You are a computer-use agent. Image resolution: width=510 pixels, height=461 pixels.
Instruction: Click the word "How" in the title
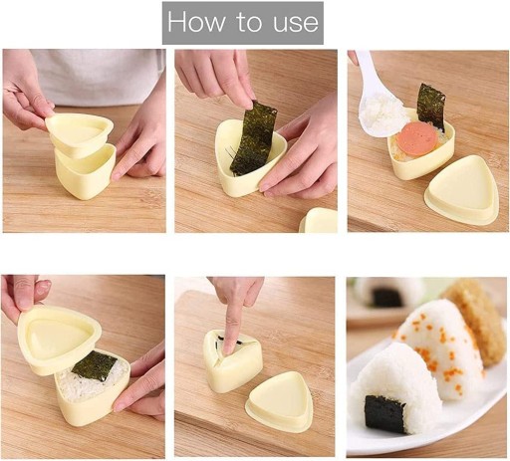[x=196, y=22]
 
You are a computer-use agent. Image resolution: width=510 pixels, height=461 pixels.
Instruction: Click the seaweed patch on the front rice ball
[x=384, y=414]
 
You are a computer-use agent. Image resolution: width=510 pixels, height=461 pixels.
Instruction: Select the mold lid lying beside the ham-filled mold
[x=462, y=190]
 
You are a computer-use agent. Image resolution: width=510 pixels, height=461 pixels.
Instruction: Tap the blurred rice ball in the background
[x=388, y=293]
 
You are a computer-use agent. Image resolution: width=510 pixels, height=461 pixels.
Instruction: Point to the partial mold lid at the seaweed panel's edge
[x=319, y=220]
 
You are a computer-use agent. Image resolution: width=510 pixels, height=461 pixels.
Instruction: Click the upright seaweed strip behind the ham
[x=431, y=107]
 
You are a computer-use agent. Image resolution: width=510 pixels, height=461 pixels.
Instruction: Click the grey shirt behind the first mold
[x=100, y=77]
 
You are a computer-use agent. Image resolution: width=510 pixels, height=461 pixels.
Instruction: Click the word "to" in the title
[x=249, y=23]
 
